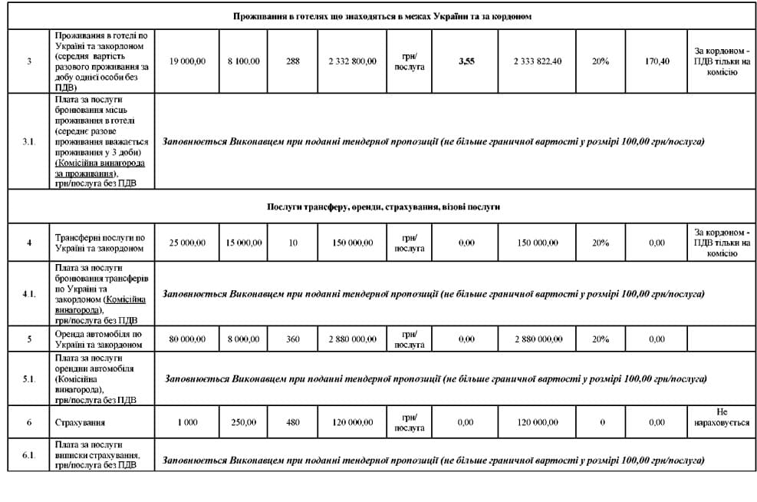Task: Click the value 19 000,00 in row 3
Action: (x=187, y=61)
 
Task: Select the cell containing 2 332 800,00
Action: (x=352, y=61)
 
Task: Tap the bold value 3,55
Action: (x=466, y=61)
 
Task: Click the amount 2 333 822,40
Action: (x=537, y=61)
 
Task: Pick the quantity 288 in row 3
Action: (x=292, y=61)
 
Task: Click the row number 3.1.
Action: (x=29, y=142)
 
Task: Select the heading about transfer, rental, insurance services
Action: (x=383, y=207)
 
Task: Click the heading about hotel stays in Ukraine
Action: (x=383, y=16)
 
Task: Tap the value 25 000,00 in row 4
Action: (x=187, y=243)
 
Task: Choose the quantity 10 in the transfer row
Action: (x=292, y=243)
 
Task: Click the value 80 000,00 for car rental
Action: (x=187, y=339)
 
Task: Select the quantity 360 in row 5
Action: (x=292, y=339)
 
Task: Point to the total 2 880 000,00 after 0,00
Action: (x=537, y=339)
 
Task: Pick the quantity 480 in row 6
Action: (x=292, y=422)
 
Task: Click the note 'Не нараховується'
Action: (x=721, y=418)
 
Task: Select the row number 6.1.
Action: (x=29, y=455)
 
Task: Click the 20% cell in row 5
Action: (x=601, y=339)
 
